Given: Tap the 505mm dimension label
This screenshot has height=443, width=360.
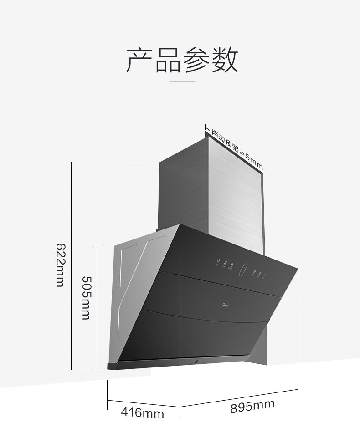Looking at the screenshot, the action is (86, 297).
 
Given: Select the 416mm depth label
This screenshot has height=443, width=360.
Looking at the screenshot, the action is (142, 413).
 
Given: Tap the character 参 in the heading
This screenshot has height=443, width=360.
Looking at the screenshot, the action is (196, 60).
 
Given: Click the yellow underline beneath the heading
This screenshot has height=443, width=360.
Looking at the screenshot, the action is (182, 82).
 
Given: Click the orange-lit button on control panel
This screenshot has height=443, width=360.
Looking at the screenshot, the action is (264, 274).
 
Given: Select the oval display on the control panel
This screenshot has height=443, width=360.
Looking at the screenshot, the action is (243, 269).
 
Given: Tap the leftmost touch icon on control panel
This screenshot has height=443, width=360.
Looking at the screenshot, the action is (218, 262).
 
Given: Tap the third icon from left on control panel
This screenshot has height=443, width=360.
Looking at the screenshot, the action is (232, 265).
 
